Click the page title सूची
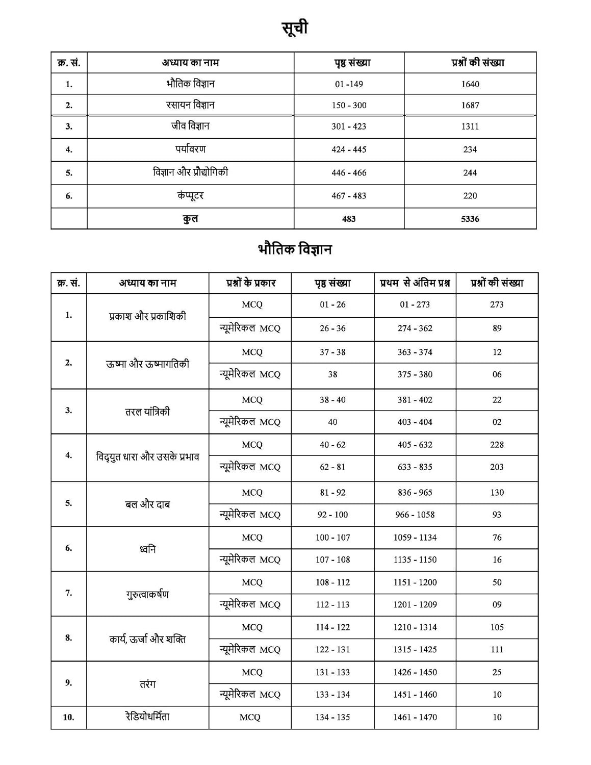pyautogui.click(x=295, y=28)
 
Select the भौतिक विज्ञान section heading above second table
pyautogui.click(x=295, y=250)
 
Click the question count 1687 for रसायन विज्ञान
pyautogui.click(x=470, y=105)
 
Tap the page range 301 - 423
pyautogui.click(x=349, y=126)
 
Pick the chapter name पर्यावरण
pyautogui.click(x=190, y=149)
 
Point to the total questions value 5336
pyautogui.click(x=470, y=219)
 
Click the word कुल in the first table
pyautogui.click(x=190, y=219)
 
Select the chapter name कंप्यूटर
pyautogui.click(x=190, y=195)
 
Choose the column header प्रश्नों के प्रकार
pyautogui.click(x=250, y=283)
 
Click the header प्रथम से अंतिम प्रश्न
pyautogui.click(x=415, y=283)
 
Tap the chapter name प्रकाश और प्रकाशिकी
pyautogui.click(x=147, y=316)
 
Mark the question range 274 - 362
pyautogui.click(x=415, y=328)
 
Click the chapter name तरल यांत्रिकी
pyautogui.click(x=147, y=412)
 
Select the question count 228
pyautogui.click(x=497, y=445)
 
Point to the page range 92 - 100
pyautogui.click(x=332, y=515)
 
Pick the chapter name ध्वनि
pyautogui.click(x=147, y=549)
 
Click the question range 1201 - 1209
pyautogui.click(x=415, y=604)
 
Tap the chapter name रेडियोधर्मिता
pyautogui.click(x=147, y=717)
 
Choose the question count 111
pyautogui.click(x=497, y=649)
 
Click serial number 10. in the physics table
pyautogui.click(x=68, y=717)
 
